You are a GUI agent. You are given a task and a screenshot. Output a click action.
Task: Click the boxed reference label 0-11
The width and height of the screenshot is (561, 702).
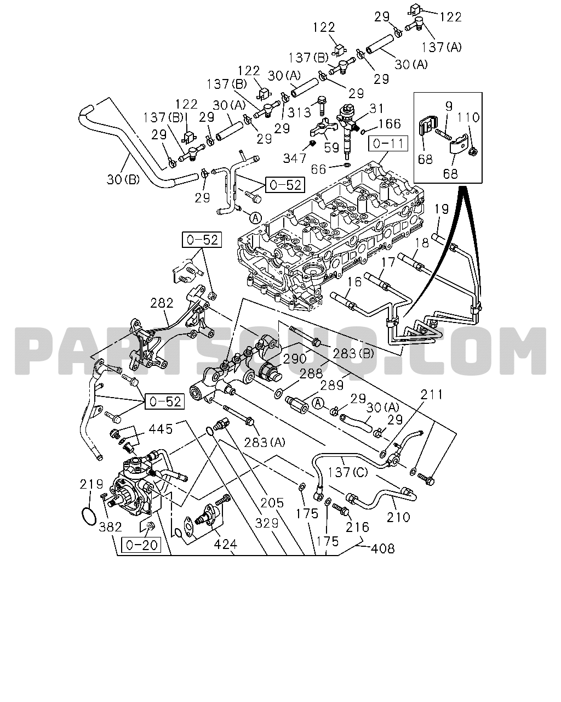388,144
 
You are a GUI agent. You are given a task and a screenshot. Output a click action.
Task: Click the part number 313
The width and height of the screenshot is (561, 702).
299,112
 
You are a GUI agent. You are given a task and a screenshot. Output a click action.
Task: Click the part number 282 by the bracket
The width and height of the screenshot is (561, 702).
162,303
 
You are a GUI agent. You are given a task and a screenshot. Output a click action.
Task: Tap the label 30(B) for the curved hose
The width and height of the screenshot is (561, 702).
123,179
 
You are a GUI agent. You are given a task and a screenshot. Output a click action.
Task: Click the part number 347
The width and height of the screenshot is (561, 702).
295,158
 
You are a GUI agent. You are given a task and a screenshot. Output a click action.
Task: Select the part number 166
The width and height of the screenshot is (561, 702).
390,124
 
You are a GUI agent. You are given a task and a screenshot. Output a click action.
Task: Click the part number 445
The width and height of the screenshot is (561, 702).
161,429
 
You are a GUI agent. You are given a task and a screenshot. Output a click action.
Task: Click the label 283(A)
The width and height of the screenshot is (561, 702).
265,443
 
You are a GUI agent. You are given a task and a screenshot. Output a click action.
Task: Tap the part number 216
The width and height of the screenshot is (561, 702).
357,527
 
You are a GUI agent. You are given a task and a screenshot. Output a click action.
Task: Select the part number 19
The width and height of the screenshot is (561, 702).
442,209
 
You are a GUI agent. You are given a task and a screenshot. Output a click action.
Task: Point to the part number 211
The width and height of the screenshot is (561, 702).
431,395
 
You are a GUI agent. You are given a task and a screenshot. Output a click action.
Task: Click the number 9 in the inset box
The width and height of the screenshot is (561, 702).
449,106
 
